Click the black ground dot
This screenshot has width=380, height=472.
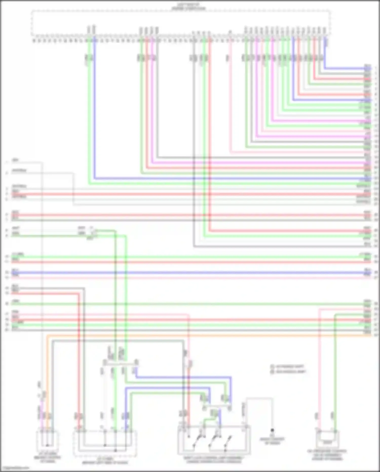272,430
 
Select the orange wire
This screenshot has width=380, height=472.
203,335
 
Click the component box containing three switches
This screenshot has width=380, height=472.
214,440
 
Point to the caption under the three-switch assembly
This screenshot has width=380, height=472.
214,460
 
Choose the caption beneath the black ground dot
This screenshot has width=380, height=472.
272,441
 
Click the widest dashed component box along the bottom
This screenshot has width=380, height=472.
105,443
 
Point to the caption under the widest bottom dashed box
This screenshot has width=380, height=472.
105,461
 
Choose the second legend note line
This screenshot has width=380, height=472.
289,372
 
